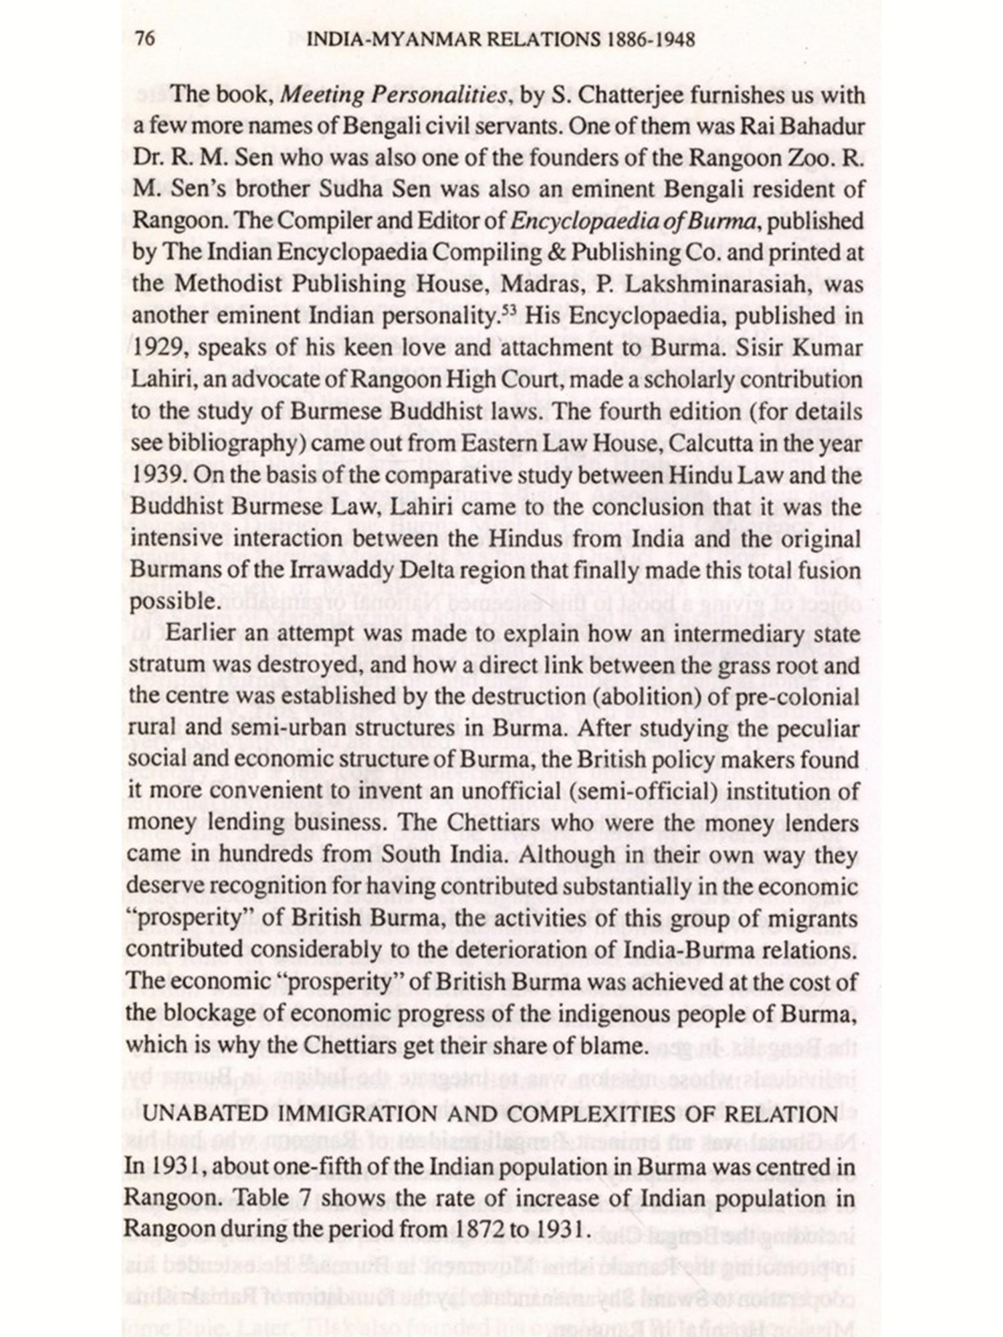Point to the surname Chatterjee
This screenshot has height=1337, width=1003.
(x=629, y=96)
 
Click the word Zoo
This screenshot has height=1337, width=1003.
(x=829, y=158)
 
